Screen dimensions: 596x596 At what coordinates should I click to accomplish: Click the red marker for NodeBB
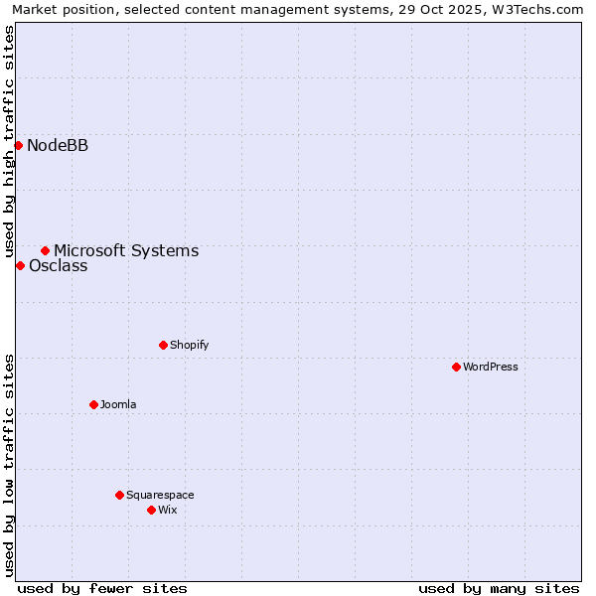tap(18, 145)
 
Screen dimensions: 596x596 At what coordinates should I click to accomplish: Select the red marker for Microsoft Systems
tap(45, 250)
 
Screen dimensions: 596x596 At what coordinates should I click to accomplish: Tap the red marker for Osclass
tap(20, 265)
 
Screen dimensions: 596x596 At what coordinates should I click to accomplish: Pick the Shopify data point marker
tap(163, 345)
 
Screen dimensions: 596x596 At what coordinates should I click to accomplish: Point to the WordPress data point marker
tap(456, 367)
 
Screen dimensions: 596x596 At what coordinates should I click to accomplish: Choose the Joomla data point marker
tap(93, 404)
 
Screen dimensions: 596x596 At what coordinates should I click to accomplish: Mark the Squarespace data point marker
tap(119, 495)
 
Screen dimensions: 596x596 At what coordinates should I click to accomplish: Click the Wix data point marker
tap(151, 510)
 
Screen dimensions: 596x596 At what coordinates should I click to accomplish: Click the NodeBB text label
tap(58, 146)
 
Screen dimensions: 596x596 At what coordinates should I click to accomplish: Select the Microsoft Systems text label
tap(126, 251)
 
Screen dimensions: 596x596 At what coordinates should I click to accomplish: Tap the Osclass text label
tap(58, 266)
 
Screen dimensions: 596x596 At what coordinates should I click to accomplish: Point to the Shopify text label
tap(189, 345)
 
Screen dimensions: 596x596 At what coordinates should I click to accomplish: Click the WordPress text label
tap(491, 367)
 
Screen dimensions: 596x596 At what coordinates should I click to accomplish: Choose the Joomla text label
tap(118, 404)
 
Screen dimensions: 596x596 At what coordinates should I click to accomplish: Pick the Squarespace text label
tap(160, 495)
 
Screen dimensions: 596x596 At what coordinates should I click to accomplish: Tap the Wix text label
tap(167, 510)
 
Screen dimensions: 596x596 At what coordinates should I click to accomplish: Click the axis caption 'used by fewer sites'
tap(102, 588)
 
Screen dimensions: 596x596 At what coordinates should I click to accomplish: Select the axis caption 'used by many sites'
tap(499, 588)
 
